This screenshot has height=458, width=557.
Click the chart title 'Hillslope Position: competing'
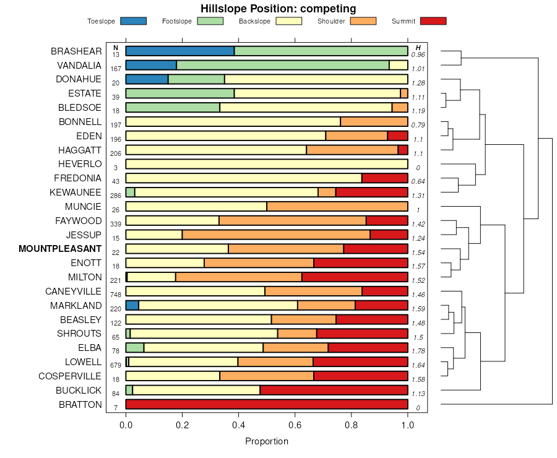[x=278, y=9]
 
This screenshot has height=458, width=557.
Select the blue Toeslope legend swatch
[x=133, y=21]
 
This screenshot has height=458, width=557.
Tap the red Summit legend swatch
[x=433, y=21]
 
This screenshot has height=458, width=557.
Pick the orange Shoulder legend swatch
[x=363, y=21]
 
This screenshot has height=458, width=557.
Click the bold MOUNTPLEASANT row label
[x=60, y=249]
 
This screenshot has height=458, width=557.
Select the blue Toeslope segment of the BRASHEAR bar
[x=180, y=51]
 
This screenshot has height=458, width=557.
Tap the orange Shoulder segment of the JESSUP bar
[x=276, y=235]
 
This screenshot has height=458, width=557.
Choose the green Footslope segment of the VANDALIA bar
[x=283, y=65]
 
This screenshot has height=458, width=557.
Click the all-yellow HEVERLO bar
[x=267, y=164]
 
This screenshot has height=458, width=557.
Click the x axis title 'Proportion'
[x=267, y=441]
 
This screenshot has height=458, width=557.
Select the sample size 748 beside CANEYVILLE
[x=115, y=294]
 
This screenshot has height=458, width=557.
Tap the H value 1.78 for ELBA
[x=419, y=351]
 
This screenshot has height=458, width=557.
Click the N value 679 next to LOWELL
[x=115, y=365]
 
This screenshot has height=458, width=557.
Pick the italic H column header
[x=418, y=48]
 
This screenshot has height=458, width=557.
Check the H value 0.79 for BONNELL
[x=418, y=125]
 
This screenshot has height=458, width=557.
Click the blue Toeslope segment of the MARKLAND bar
[x=132, y=305]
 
